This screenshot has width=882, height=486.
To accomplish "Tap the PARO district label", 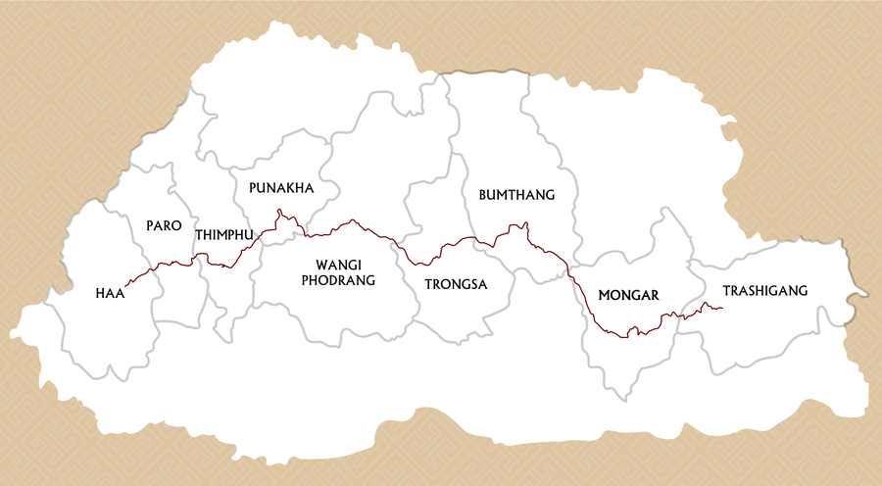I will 164,225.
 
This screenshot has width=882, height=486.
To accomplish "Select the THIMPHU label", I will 224,235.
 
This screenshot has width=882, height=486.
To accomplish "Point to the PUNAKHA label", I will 281,187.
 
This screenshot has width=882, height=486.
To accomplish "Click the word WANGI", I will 338,265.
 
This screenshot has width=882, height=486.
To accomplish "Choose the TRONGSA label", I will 456,284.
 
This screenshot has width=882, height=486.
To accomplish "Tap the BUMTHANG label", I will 516,195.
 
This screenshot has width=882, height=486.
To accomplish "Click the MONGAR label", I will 628,294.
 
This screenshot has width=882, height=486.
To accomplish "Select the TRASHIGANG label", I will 764,290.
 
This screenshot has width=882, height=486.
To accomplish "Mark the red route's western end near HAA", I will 127,284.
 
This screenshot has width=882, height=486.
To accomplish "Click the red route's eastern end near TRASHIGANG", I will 722,309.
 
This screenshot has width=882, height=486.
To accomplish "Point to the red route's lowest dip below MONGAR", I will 627,337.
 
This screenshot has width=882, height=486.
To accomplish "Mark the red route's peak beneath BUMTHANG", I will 525,224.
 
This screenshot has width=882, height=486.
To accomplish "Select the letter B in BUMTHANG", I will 483,195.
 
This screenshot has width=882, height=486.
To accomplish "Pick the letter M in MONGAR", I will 604,294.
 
